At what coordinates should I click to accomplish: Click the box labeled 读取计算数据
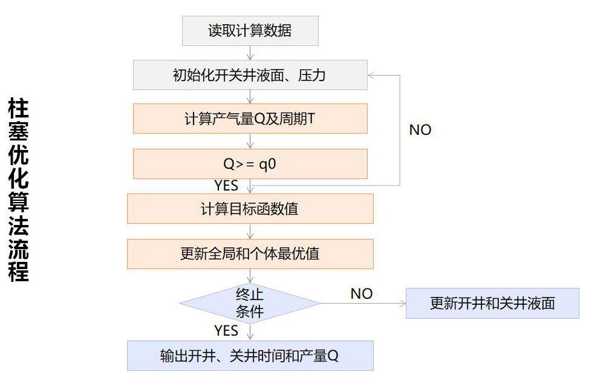(250, 31)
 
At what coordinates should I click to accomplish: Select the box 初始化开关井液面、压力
(250, 75)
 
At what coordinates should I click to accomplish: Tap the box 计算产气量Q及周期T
(250, 119)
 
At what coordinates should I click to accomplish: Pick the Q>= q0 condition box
(250, 164)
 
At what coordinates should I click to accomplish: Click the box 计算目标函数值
(250, 209)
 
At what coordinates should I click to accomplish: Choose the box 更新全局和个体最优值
(250, 253)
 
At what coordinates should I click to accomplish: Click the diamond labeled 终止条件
(250, 303)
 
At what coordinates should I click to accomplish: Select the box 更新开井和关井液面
(492, 303)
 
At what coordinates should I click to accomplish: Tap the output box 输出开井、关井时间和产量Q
(250, 356)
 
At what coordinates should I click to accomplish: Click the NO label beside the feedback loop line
(420, 130)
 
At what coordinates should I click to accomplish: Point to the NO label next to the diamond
(362, 294)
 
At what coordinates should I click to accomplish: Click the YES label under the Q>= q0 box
(226, 185)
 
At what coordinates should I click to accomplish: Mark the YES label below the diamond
(226, 331)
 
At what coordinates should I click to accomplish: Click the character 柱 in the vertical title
(18, 110)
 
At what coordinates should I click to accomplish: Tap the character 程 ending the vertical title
(18, 272)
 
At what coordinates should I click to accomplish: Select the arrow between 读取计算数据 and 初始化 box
(250, 53)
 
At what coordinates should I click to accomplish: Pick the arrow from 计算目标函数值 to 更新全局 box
(250, 231)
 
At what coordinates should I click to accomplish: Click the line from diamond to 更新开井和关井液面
(363, 303)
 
